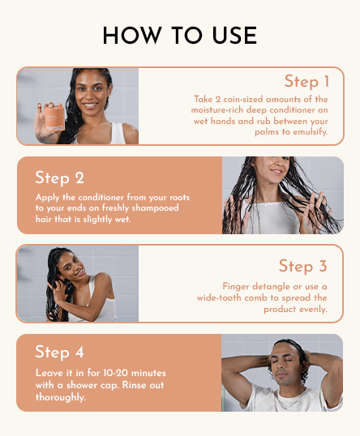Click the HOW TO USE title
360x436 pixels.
(180, 36)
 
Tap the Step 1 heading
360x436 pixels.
(306, 81)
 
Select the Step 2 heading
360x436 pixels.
(59, 177)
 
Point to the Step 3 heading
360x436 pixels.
(302, 266)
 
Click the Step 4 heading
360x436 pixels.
(59, 352)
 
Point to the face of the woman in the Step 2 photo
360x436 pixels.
(272, 172)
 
